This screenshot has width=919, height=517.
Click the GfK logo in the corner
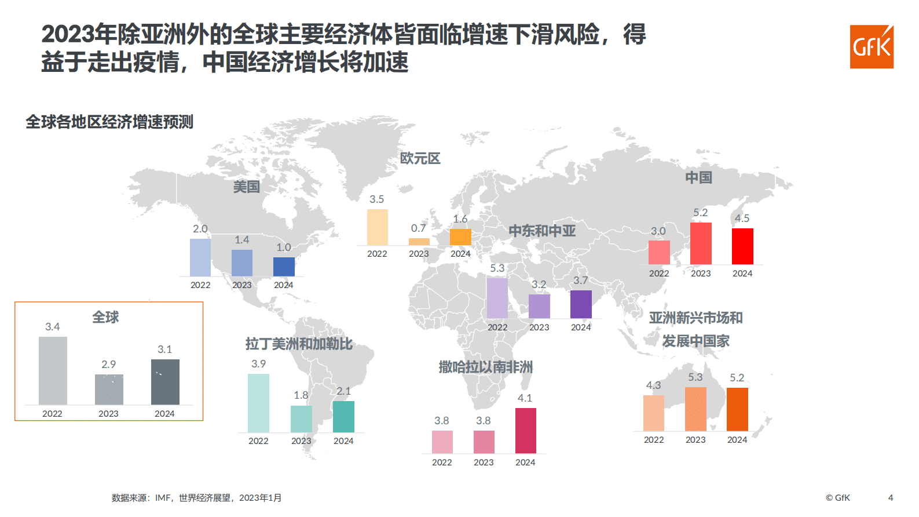pyautogui.click(x=872, y=47)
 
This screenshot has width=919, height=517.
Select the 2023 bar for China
pyautogui.click(x=701, y=243)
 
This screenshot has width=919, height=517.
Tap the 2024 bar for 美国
pyautogui.click(x=284, y=267)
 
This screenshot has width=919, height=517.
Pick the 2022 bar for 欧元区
pyautogui.click(x=377, y=227)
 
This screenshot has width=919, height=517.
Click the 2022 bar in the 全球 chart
pyautogui.click(x=53, y=370)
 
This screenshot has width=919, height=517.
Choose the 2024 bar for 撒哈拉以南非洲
pyautogui.click(x=525, y=431)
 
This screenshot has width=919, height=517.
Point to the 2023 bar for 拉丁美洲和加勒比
pyautogui.click(x=301, y=418)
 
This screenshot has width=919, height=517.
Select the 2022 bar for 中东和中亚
pyautogui.click(x=497, y=298)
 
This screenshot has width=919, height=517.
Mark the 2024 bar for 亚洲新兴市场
pyautogui.click(x=737, y=409)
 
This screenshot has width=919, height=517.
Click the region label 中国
pyautogui.click(x=698, y=177)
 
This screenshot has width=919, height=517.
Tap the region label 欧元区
pyautogui.click(x=420, y=158)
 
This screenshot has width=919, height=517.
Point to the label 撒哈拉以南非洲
pyautogui.click(x=485, y=367)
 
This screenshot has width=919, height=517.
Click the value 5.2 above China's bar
pyautogui.click(x=701, y=213)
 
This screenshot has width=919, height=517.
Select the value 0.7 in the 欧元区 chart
pyautogui.click(x=418, y=228)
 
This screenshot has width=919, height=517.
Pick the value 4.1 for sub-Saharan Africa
pyautogui.click(x=525, y=398)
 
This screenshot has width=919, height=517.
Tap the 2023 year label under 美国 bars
pyautogui.click(x=242, y=285)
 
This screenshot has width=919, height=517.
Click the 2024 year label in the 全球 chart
pyautogui.click(x=164, y=414)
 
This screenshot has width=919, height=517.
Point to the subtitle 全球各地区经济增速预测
pyautogui.click(x=109, y=122)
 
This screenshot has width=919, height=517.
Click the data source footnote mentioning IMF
pyautogui.click(x=196, y=498)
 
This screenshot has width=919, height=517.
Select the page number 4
pyautogui.click(x=891, y=497)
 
